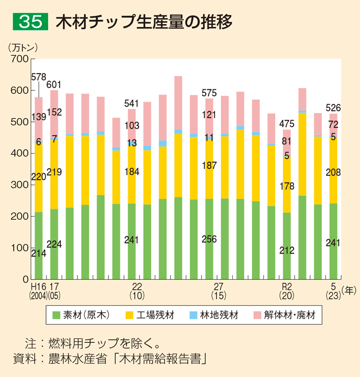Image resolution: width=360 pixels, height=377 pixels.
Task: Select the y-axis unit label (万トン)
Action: tap(24, 47)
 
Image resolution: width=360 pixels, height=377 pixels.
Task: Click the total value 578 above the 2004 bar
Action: tap(39, 77)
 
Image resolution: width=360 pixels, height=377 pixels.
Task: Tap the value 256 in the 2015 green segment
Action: tap(209, 239)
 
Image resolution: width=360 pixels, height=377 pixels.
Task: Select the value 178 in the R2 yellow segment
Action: tap(286, 187)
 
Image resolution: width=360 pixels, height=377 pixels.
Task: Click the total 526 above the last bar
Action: tap(333, 108)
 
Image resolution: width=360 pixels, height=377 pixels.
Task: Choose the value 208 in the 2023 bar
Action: tap(333, 172)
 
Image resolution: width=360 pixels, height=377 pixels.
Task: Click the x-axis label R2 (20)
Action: tap(287, 291)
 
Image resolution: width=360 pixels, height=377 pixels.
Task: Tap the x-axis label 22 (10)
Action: tap(137, 291)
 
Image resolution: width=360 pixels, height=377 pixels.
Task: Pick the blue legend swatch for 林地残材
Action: tap(193, 315)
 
